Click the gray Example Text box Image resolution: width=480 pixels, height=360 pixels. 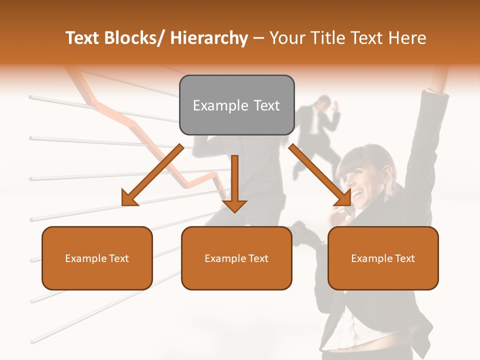tap(236, 105)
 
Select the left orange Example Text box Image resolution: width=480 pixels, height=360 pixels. tap(97, 258)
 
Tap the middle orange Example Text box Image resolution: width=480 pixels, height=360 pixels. tap(236, 258)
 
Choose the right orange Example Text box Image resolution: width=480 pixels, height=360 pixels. tap(383, 258)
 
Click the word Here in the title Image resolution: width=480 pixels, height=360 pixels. tap(407, 38)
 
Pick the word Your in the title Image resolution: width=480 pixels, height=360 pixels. tap(285, 38)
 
